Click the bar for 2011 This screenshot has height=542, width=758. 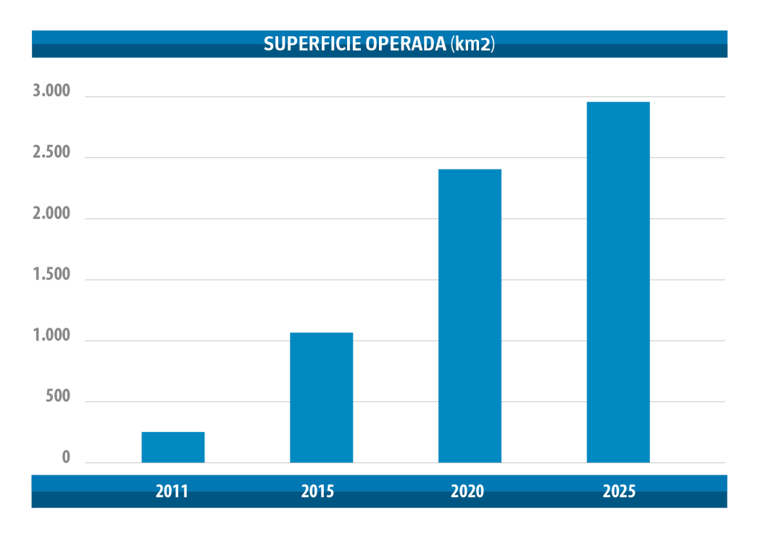(x=172, y=447)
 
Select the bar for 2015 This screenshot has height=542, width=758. (x=321, y=397)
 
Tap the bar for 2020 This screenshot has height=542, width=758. (x=470, y=316)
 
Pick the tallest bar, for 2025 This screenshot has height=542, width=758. (x=618, y=283)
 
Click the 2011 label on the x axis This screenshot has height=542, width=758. (x=172, y=491)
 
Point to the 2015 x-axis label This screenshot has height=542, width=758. (x=317, y=491)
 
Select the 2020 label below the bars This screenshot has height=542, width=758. (x=467, y=491)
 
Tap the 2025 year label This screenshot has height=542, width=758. (x=619, y=491)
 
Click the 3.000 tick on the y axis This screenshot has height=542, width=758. (x=51, y=91)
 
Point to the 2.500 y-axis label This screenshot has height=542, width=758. (x=51, y=153)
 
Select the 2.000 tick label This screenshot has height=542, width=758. (x=51, y=214)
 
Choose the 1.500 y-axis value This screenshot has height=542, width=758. (x=51, y=275)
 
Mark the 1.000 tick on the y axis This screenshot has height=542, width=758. (x=51, y=336)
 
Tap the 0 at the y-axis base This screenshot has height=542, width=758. (x=65, y=458)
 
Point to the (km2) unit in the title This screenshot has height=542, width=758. (x=472, y=43)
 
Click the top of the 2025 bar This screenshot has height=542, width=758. (x=618, y=103)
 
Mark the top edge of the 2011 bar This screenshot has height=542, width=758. (x=172, y=433)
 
